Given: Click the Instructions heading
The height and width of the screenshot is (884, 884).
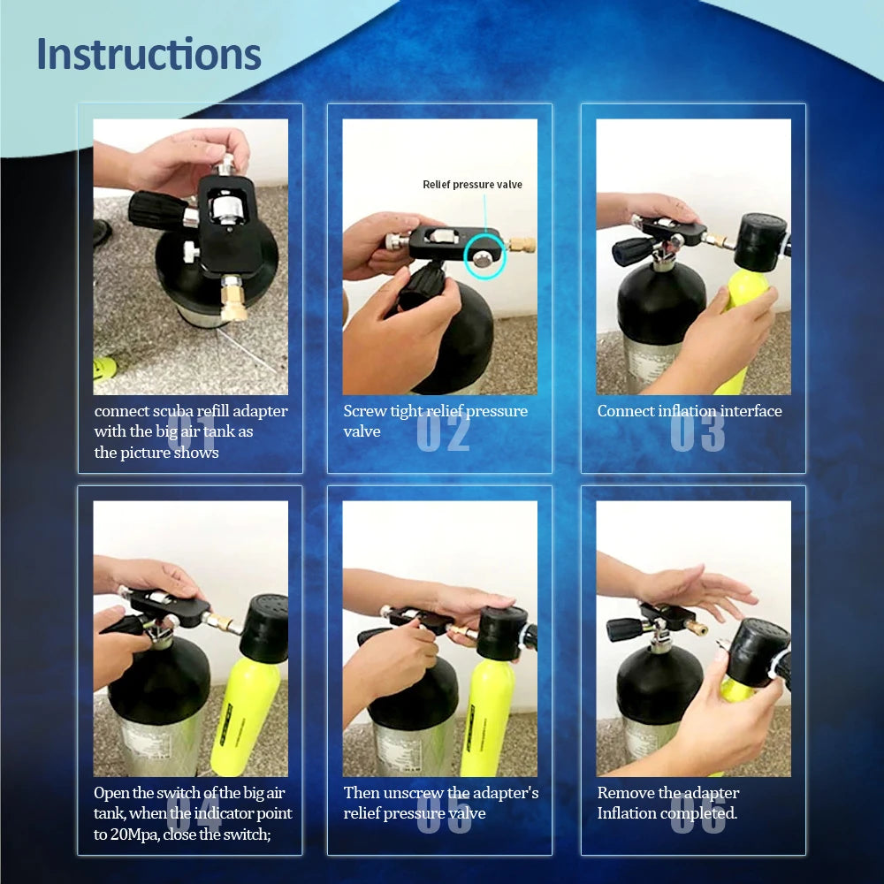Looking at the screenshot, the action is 149,54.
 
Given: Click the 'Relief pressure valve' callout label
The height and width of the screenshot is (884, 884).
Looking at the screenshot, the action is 472,185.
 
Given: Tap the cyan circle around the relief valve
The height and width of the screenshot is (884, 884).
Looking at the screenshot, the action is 484,256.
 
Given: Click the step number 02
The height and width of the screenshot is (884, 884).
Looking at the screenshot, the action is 443,432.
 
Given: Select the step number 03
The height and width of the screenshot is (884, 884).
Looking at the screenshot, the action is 697,432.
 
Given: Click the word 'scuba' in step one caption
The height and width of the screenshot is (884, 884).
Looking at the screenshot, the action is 173,411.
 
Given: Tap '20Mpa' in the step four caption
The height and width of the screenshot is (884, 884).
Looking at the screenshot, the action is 134,834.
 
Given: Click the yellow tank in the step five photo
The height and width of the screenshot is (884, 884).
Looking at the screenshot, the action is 492,716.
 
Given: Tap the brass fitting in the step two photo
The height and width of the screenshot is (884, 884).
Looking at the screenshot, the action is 522,245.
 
